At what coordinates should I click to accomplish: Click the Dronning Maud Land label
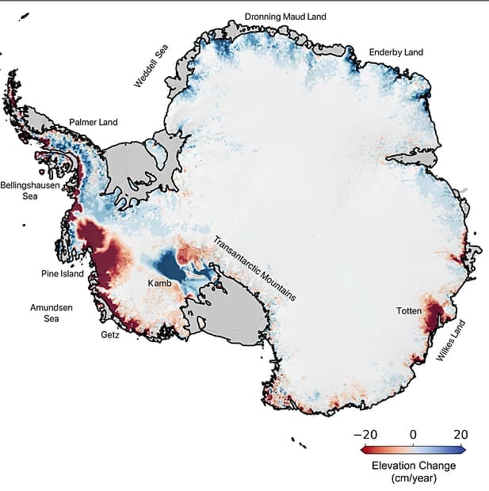pyautogui.click(x=285, y=16)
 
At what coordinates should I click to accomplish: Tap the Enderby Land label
pyautogui.click(x=396, y=53)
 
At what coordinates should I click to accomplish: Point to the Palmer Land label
pyautogui.click(x=93, y=122)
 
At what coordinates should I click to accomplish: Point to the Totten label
pyautogui.click(x=409, y=311)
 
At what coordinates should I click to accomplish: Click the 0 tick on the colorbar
pyautogui.click(x=412, y=435)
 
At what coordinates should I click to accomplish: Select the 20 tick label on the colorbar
pyautogui.click(x=460, y=435)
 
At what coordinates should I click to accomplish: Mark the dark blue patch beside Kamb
pyautogui.click(x=170, y=265)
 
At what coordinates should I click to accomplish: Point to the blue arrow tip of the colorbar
pyautogui.click(x=467, y=449)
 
